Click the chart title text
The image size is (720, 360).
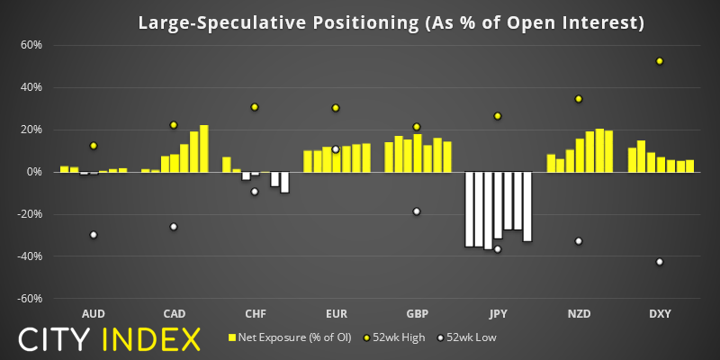391,22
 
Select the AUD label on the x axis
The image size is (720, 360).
93,313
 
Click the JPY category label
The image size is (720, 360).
498,313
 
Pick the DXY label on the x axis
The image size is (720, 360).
660,313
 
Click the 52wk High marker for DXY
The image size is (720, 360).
660,61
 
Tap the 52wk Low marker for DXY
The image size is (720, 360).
660,262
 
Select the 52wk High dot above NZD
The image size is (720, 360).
579,99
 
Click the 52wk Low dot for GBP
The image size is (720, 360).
417,211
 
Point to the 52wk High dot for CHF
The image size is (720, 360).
255,107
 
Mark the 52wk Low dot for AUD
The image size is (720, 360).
93,235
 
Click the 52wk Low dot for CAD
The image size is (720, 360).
174,227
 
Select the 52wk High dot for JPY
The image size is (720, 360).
498,116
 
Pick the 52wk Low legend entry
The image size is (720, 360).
470,338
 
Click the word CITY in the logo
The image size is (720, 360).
56,339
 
